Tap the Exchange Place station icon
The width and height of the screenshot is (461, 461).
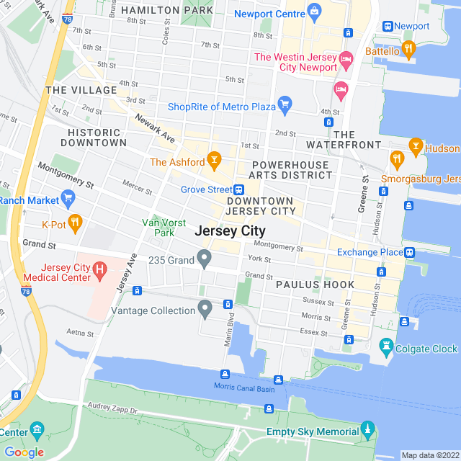(409, 253)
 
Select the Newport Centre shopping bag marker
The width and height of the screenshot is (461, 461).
(314, 12)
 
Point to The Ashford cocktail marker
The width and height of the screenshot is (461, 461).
(213, 158)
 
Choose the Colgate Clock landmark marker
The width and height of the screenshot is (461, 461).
(388, 347)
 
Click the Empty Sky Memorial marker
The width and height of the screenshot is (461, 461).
(368, 431)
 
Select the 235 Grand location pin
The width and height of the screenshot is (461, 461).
(205, 258)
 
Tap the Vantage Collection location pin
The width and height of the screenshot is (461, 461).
(205, 310)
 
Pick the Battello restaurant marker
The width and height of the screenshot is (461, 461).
(409, 49)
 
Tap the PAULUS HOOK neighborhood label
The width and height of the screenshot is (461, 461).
(315, 285)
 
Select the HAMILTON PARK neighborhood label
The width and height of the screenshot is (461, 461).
(167, 10)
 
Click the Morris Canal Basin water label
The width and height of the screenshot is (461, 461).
(244, 386)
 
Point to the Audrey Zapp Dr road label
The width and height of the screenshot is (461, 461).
(113, 409)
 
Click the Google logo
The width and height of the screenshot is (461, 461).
(24, 452)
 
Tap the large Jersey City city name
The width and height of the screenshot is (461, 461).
(230, 231)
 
